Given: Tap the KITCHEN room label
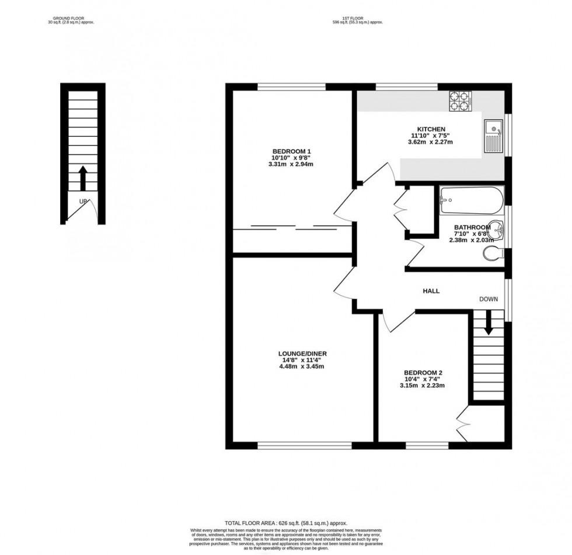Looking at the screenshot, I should click(431, 129).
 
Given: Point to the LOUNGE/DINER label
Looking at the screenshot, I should click(302, 353).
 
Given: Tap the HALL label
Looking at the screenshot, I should click(431, 291).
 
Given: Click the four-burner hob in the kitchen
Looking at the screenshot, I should click(459, 101).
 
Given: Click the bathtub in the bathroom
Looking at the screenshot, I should click(472, 200).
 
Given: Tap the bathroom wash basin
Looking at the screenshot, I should click(497, 229).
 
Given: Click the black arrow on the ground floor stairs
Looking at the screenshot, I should click(82, 178).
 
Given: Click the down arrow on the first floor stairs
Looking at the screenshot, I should click(488, 321).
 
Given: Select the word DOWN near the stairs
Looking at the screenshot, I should click(489, 299).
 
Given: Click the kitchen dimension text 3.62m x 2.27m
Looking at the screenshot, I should click(431, 142).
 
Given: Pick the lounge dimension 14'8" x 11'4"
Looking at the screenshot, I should click(302, 360).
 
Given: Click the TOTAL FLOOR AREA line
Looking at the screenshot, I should click(286, 523).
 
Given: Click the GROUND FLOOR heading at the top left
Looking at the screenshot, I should click(65, 19).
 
